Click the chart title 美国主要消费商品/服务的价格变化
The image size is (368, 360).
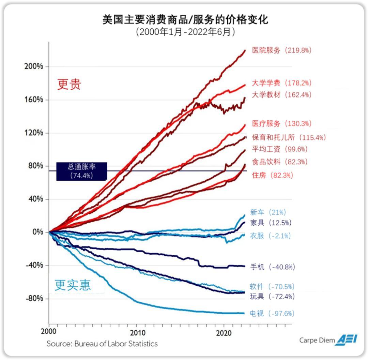185,19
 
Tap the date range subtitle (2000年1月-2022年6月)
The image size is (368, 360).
185,32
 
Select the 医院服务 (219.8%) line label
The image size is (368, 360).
281,50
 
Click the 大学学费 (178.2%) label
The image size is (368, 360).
281,83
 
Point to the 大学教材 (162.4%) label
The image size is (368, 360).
281,95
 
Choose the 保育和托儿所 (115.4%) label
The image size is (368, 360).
289,137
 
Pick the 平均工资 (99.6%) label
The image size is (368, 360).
279,149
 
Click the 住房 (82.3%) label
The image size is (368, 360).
272,175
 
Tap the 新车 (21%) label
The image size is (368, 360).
268,212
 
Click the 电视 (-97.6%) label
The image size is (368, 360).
272,313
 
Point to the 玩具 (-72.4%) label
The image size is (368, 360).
272,297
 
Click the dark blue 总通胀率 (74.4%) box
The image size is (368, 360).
82,171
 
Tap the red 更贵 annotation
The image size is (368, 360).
69,85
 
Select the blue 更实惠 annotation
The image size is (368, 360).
73,285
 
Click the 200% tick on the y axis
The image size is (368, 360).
34,66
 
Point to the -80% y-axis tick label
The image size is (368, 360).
34,299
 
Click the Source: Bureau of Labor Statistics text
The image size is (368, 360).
102,343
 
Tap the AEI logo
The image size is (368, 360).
347,340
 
